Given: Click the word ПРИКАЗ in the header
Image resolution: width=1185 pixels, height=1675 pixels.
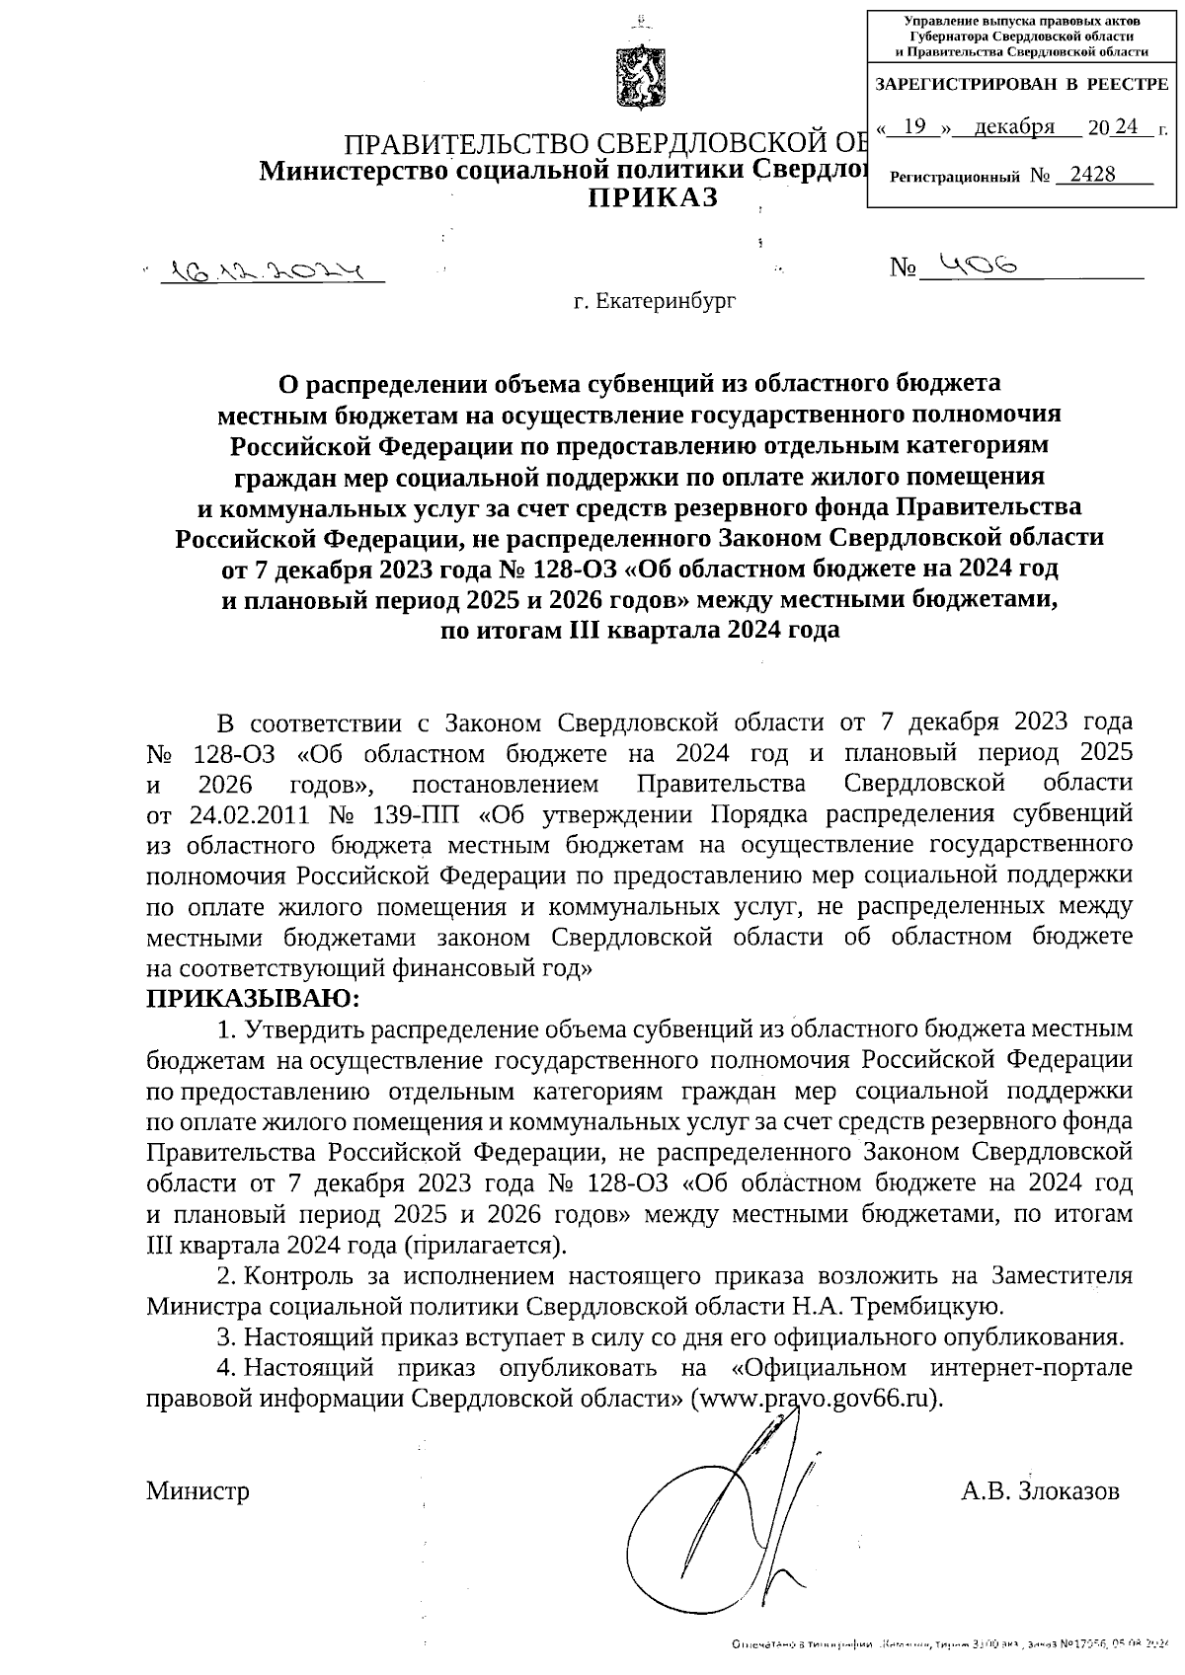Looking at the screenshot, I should [x=655, y=198].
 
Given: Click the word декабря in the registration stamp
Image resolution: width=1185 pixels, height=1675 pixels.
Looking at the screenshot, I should [x=1013, y=126].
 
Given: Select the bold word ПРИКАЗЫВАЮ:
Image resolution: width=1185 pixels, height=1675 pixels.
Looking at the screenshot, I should [x=254, y=999].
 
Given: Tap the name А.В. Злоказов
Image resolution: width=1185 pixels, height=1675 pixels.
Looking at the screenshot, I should [x=1040, y=1490].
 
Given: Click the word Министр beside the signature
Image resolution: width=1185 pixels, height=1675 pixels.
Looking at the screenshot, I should [x=197, y=1490].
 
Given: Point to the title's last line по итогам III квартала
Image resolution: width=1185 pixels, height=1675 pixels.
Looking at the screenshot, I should [x=639, y=631].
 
